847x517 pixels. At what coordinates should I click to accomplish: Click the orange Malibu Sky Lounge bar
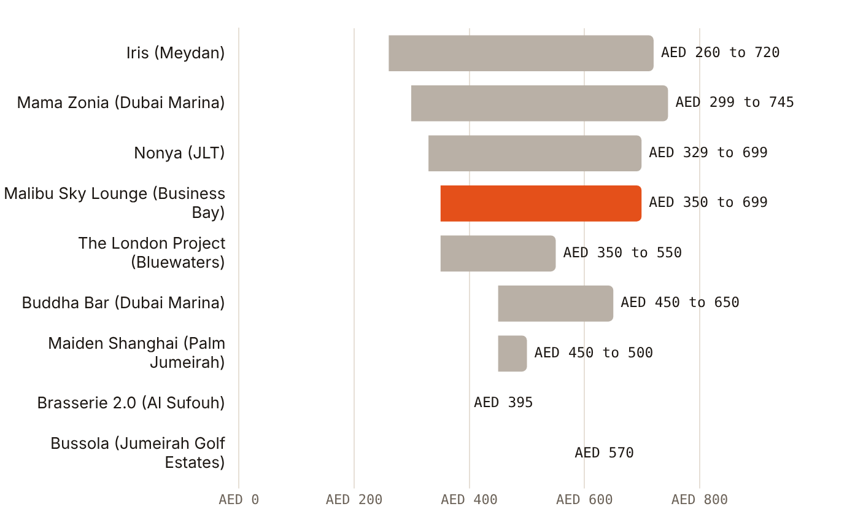click(541, 203)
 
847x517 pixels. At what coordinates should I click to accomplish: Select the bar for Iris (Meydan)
click(521, 53)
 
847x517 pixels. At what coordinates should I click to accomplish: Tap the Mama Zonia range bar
click(540, 103)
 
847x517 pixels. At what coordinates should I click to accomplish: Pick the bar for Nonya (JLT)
click(535, 153)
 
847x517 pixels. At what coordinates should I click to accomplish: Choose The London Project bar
click(498, 254)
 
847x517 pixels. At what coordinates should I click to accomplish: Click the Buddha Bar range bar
click(555, 303)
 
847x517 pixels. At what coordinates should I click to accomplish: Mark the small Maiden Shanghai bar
click(512, 353)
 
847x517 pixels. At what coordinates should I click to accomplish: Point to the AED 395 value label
click(503, 402)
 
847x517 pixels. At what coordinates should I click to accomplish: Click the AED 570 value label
click(604, 453)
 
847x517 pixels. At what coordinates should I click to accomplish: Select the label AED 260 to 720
click(721, 53)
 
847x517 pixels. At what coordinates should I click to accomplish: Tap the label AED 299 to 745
click(735, 103)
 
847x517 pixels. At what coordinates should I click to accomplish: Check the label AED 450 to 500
click(594, 353)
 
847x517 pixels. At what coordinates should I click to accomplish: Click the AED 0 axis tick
click(239, 500)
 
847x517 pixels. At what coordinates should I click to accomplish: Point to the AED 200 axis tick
click(354, 500)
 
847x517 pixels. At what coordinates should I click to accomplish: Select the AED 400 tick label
click(470, 500)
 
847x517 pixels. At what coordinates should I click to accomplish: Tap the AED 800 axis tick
click(700, 500)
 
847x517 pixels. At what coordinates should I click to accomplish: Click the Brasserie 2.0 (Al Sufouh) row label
click(131, 403)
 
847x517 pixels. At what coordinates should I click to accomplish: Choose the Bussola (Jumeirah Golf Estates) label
click(137, 453)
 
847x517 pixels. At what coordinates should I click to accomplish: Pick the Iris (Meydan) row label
click(176, 53)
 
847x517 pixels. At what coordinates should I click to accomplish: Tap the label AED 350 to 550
click(622, 252)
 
